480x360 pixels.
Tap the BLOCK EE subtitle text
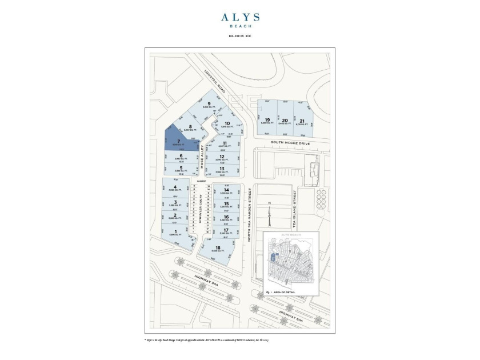click(x=240, y=36)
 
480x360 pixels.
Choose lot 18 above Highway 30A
click(x=217, y=248)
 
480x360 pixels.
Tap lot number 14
click(x=226, y=190)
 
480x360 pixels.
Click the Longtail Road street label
click(x=215, y=79)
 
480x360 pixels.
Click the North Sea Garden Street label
click(x=250, y=216)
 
